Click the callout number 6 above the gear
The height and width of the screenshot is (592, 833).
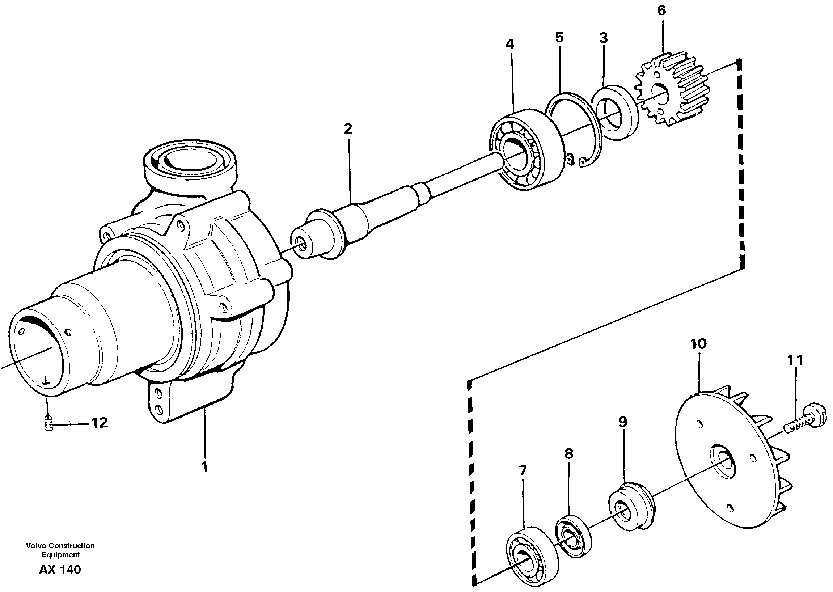tap(661, 10)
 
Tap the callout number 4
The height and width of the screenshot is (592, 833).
tap(509, 45)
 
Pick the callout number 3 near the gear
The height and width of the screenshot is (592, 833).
tap(603, 38)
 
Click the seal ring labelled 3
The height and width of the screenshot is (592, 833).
tap(615, 113)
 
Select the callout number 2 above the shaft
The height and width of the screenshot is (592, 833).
tap(348, 129)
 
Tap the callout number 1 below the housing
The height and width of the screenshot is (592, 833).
tap(205, 466)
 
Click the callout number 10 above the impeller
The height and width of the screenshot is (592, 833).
tap(698, 344)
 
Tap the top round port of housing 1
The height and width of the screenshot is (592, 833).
tap(190, 160)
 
